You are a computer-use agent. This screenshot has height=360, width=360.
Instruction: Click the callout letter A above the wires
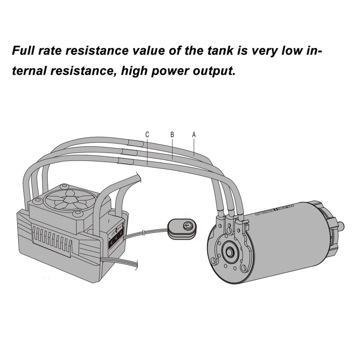pyautogui.click(x=194, y=134)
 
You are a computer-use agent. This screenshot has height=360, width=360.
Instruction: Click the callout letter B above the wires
pyautogui.click(x=172, y=134)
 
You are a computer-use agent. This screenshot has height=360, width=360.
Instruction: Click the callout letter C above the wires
pyautogui.click(x=147, y=134)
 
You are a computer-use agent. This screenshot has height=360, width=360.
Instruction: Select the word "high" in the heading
pyautogui.click(x=134, y=71)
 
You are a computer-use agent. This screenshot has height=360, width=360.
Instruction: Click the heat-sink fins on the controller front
pyautogui.click(x=53, y=239)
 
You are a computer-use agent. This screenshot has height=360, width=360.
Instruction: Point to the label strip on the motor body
pyautogui.click(x=278, y=211)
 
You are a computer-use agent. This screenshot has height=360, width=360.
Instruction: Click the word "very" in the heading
pyautogui.click(x=264, y=51)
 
